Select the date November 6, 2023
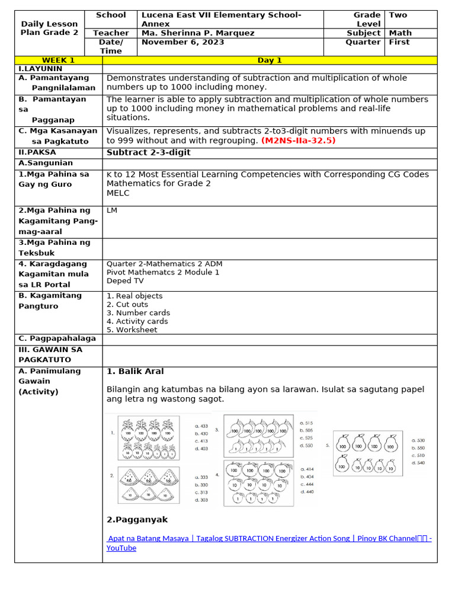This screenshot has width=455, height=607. pos(182,42)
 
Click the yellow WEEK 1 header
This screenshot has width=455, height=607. pos(58,60)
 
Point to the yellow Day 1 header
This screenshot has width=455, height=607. pos(270,60)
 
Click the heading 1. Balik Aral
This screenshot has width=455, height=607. pos(135,371)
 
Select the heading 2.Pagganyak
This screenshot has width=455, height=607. pos(137,519)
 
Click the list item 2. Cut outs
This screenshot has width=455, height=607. pos(127,304)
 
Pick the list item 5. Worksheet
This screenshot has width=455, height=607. pos(132,330)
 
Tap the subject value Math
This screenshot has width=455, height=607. pos(400,33)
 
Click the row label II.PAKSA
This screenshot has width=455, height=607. pos(37,152)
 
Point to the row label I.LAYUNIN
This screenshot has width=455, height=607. pos(40,69)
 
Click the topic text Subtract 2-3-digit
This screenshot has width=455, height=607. pos(148,152)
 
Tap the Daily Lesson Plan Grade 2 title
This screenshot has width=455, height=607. pos(49,28)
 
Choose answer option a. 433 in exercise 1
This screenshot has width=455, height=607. pos(201,426)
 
